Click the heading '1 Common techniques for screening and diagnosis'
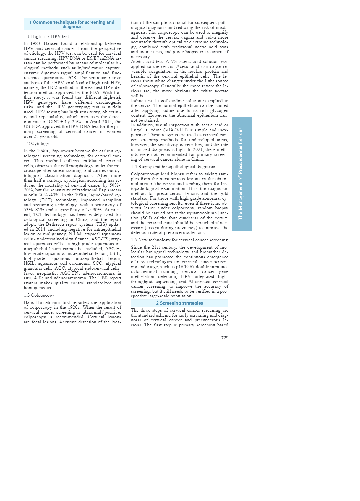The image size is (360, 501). [x=72, y=24]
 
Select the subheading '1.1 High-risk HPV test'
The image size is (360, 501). [x=46, y=36]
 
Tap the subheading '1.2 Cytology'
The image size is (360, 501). [x=37, y=144]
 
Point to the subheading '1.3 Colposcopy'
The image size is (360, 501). [x=39, y=295]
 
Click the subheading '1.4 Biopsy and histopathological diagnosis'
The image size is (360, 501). [x=173, y=167]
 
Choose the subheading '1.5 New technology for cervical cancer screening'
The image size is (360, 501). [x=179, y=240]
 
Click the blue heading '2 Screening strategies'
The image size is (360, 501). [x=179, y=303]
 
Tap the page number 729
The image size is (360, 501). [x=225, y=338]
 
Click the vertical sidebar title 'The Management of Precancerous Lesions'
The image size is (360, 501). [x=241, y=174]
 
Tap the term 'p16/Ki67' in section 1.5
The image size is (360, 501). [x=185, y=267]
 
